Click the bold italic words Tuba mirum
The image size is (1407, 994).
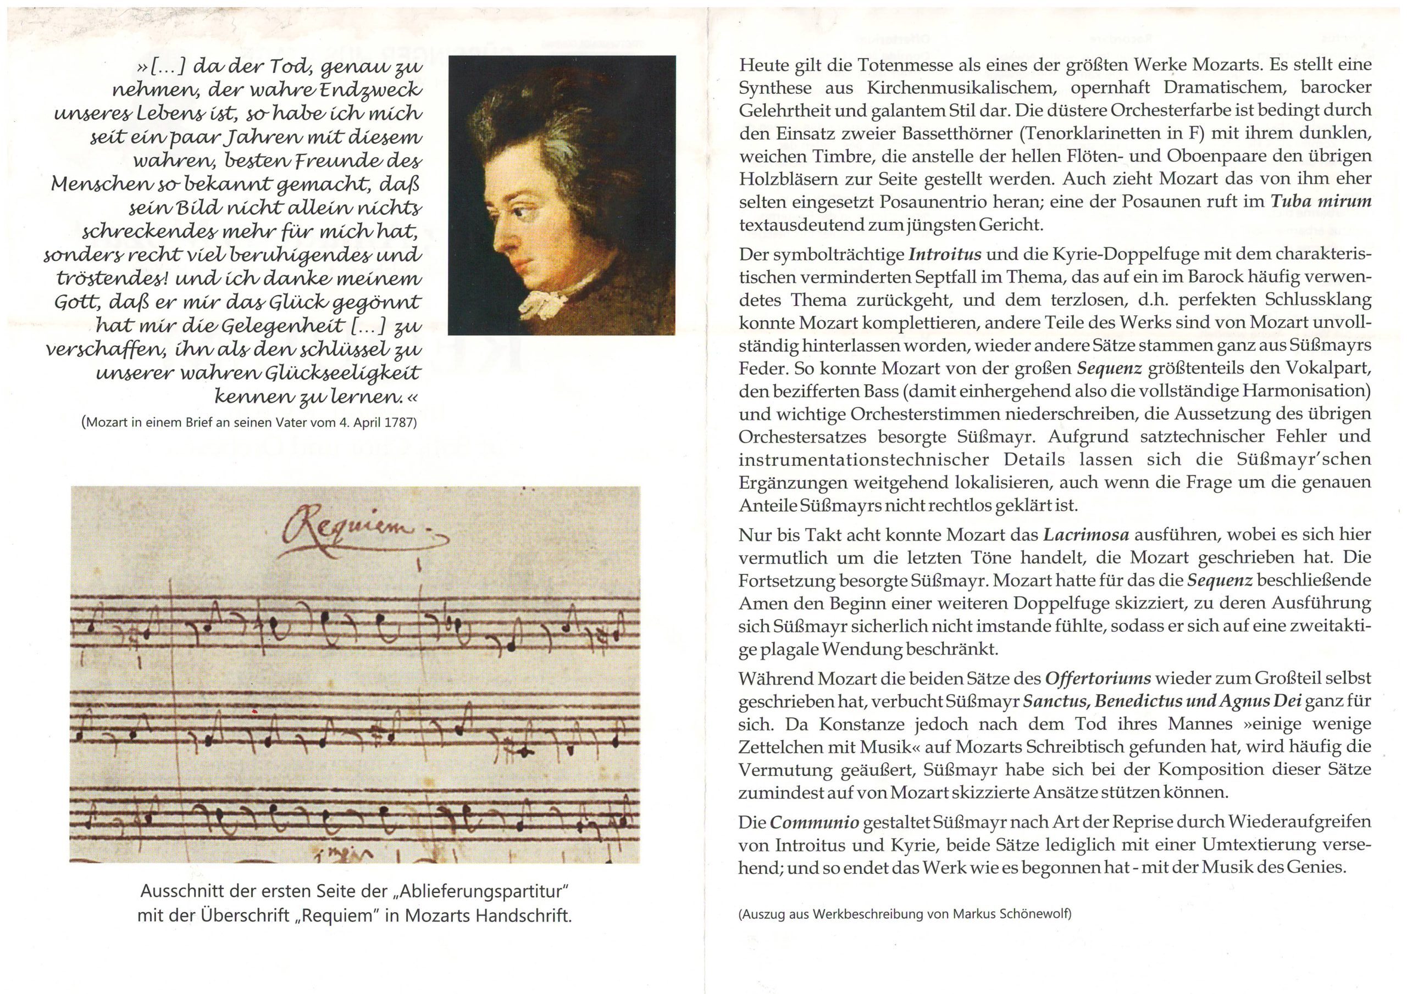point(1321,202)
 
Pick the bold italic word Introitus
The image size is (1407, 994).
point(945,254)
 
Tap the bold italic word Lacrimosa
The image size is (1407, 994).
point(1086,535)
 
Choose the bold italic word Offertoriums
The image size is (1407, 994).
point(1098,679)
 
